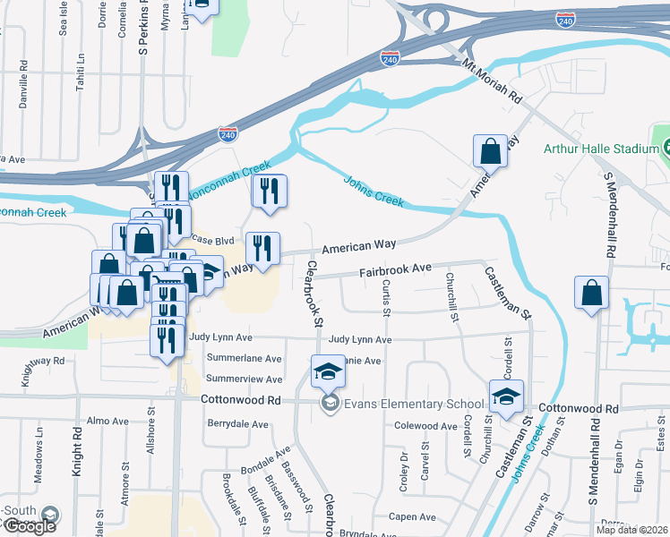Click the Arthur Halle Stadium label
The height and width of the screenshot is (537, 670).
pos(602,148)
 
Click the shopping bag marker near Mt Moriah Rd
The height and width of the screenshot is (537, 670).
pos(491,151)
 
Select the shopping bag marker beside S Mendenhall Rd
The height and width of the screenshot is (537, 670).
pos(591,294)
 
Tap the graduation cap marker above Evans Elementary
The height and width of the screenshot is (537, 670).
pos(328,371)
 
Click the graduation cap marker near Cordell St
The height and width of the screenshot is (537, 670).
pos(507,396)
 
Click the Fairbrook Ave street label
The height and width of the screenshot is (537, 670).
pos(396,268)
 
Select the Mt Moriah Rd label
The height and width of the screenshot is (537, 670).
pos(492,80)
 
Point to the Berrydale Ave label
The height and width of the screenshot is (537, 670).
pos(238,423)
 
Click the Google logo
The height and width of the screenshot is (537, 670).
pos(30,525)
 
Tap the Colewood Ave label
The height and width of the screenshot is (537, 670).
pos(425,426)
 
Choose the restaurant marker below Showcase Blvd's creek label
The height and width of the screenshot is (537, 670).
pos(268,192)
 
